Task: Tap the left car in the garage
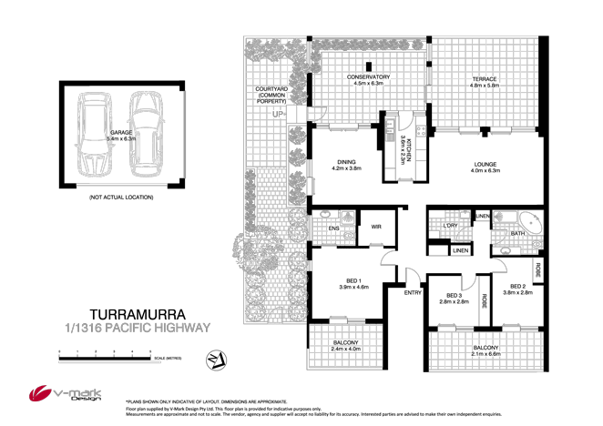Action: click(x=95, y=133)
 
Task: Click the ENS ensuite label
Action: click(x=333, y=229)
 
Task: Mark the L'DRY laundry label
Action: click(x=450, y=226)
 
